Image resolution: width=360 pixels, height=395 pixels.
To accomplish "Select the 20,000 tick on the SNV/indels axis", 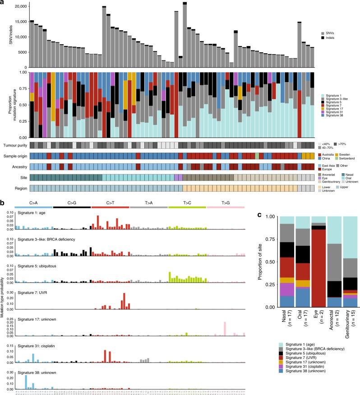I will coord(19,6).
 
